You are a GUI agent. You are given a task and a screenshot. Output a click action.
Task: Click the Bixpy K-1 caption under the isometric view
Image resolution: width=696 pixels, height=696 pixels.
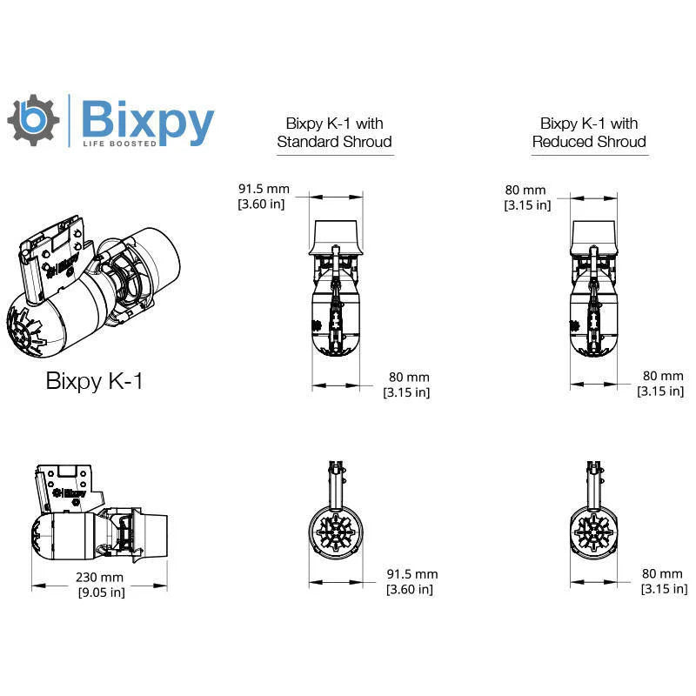[94, 381]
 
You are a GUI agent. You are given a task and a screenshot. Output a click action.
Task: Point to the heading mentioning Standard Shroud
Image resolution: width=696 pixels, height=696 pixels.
[334, 132]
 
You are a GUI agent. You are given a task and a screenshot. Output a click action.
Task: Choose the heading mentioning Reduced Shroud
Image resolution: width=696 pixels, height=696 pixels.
[589, 132]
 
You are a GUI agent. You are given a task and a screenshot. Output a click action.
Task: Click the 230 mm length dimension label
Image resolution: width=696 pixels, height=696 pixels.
[99, 585]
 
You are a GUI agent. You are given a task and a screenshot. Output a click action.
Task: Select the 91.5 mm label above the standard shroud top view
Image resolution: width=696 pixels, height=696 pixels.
[263, 196]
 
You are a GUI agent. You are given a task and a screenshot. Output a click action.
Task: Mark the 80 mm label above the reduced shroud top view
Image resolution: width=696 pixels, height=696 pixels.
[526, 197]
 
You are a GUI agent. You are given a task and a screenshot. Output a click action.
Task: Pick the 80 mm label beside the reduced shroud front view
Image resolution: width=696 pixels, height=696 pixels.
[662, 581]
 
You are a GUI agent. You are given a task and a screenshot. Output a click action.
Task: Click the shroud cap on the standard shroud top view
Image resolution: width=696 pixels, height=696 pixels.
[335, 232]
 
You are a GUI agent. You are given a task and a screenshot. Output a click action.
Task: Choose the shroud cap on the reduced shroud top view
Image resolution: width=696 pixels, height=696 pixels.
[595, 233]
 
